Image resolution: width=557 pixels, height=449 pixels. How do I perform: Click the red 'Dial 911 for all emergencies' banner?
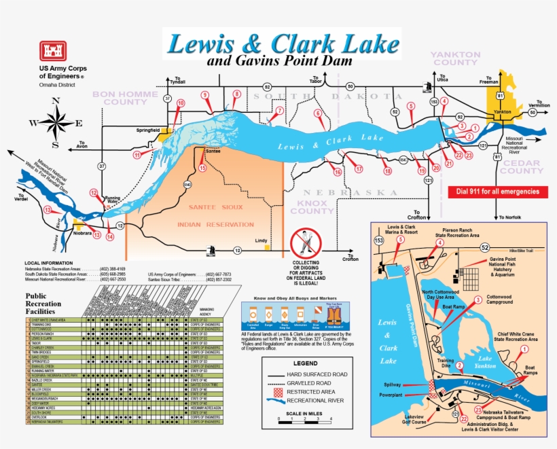coord(498,192)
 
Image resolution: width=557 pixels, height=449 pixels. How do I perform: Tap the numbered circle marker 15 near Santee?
coord(202,168)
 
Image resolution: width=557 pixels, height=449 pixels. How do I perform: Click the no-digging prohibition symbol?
coord(305,243)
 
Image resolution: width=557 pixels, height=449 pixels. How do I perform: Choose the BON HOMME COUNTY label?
coord(125,98)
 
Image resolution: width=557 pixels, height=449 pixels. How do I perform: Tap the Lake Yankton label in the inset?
coord(485,362)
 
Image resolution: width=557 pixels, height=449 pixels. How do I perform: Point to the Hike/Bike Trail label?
coord(531,251)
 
